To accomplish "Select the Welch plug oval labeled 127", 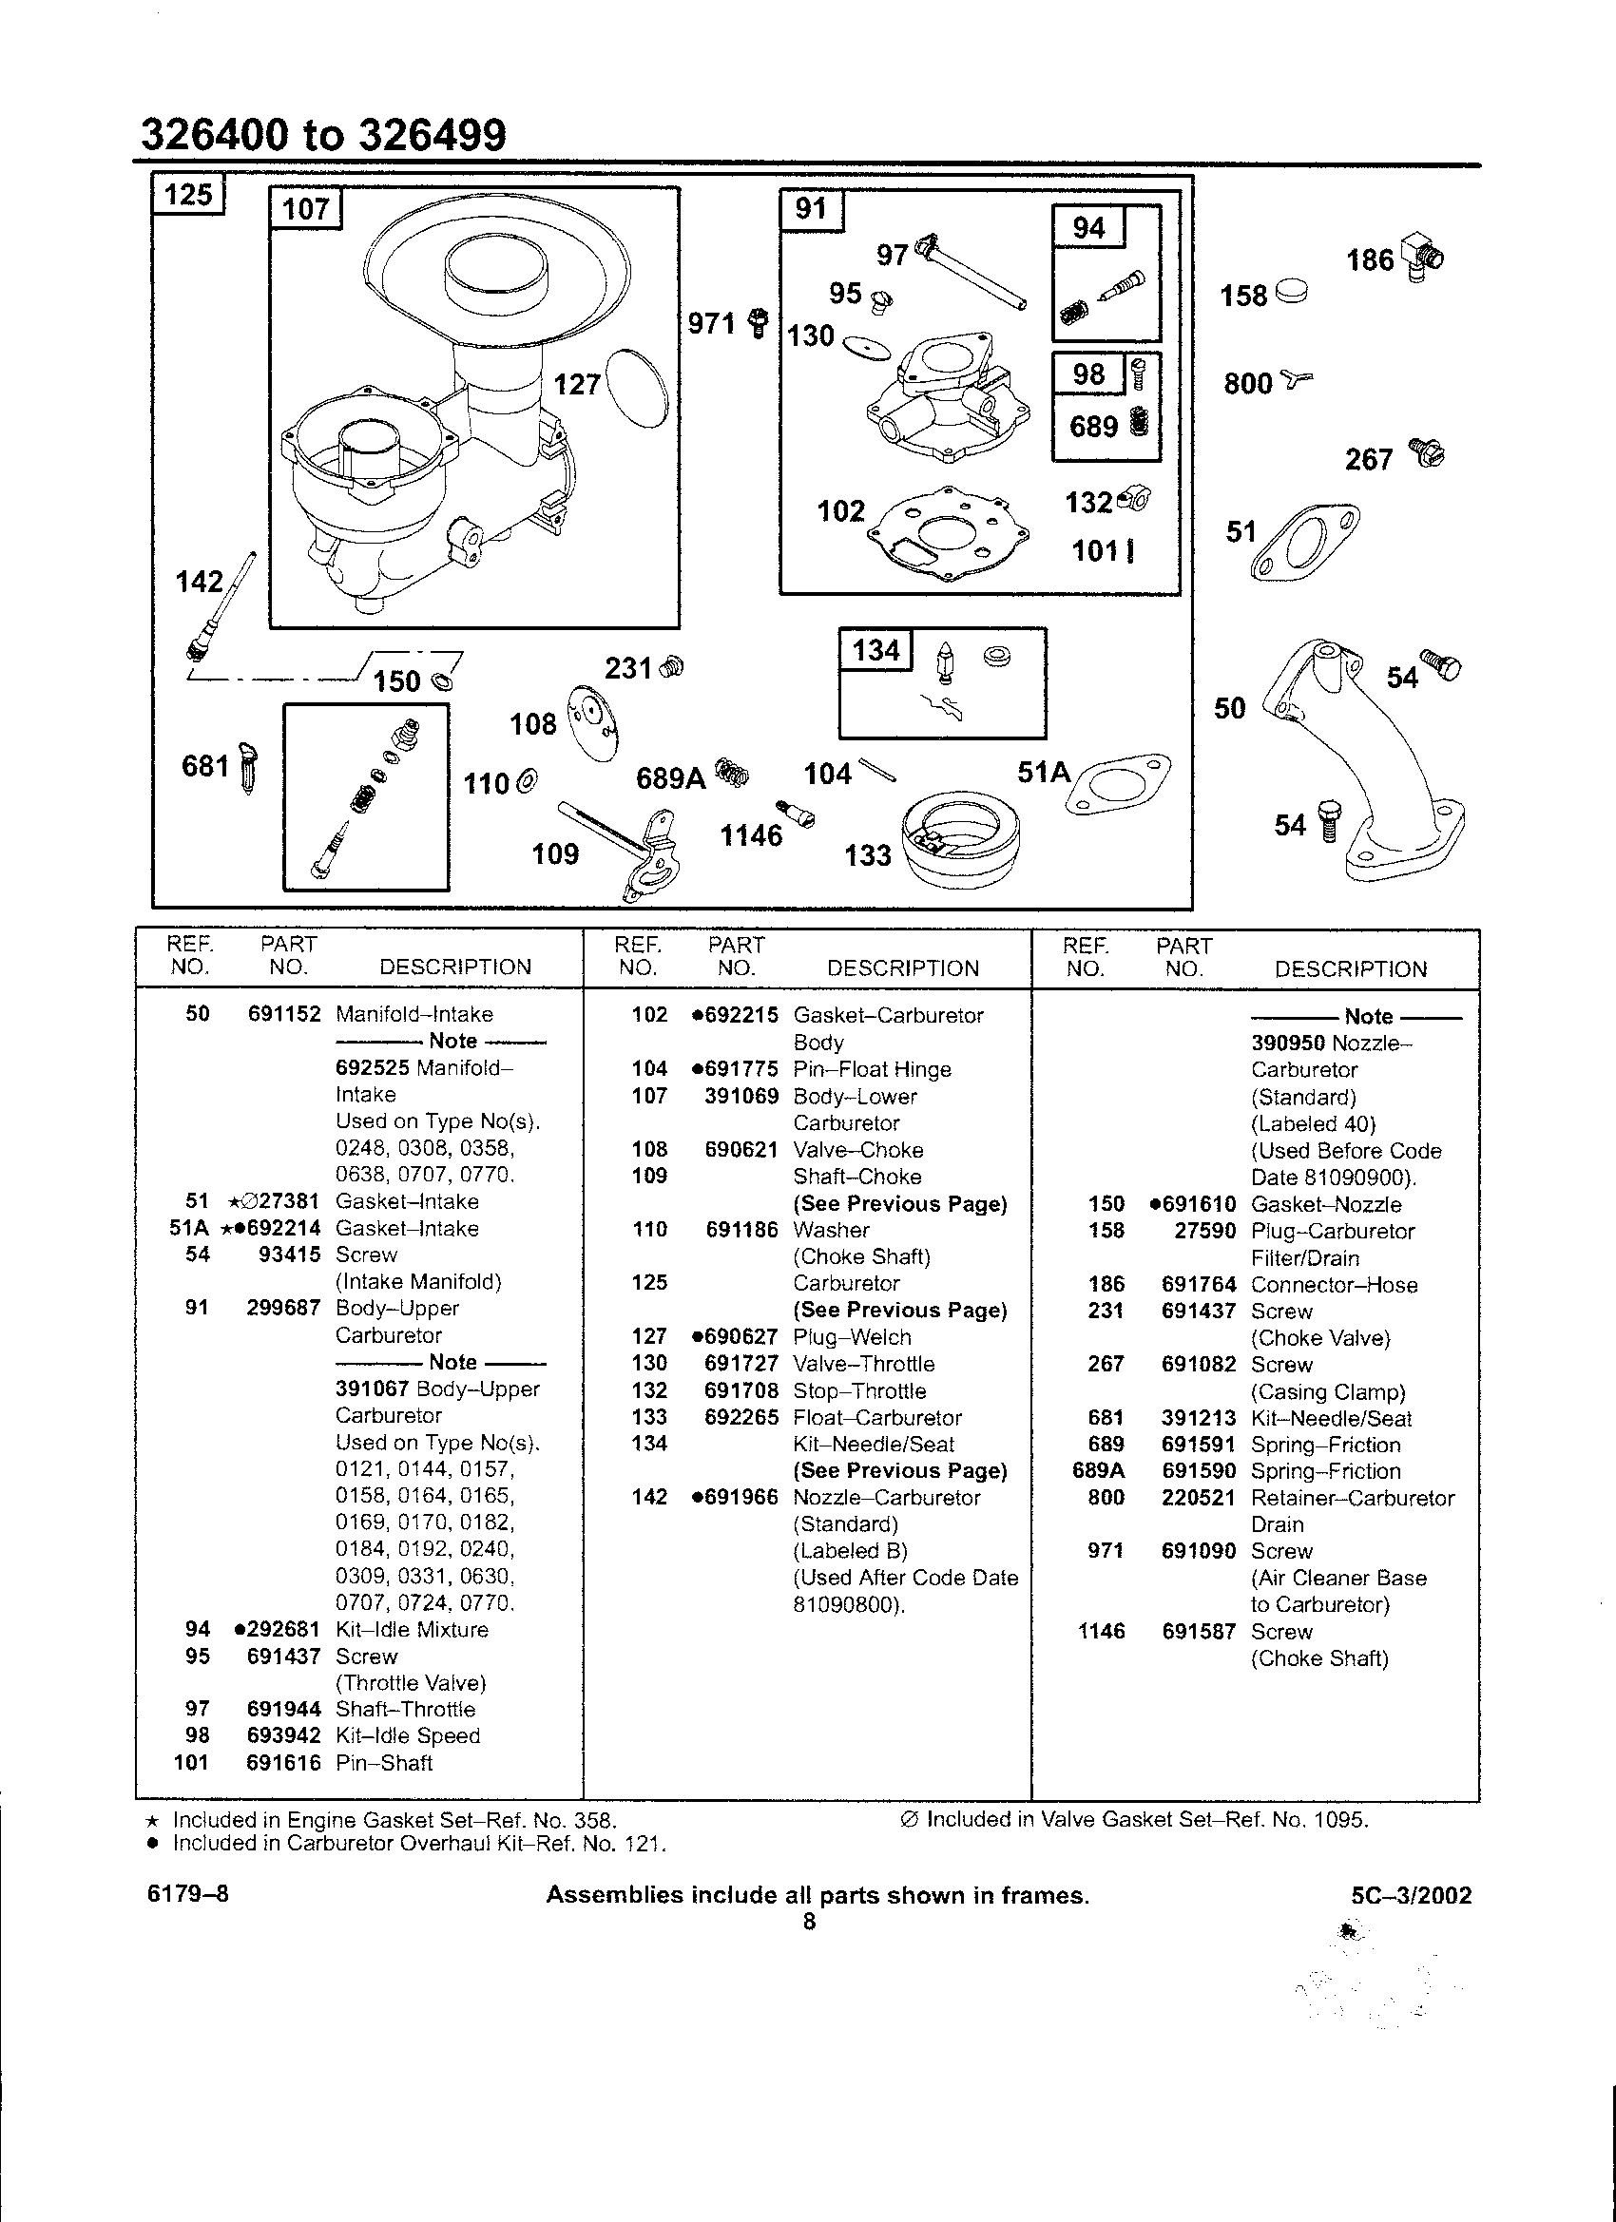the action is [638, 389].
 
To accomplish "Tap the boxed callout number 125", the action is [188, 194].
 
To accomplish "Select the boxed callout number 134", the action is [876, 649].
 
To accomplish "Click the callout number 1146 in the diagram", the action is [752, 835].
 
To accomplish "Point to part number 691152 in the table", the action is [284, 1014].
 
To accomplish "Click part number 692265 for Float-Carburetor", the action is [741, 1418].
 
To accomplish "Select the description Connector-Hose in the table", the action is [1334, 1284].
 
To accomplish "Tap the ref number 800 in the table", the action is [1106, 1498].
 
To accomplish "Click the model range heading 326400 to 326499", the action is [324, 135].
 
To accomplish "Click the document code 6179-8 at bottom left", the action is [188, 1894].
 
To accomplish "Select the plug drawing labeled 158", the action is [1292, 291].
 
